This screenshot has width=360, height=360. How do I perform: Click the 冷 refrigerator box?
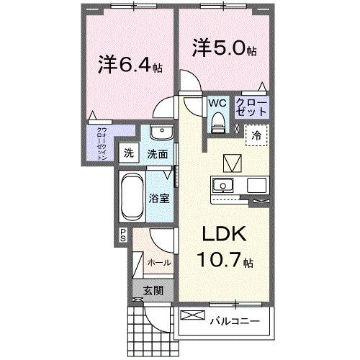point(256,134)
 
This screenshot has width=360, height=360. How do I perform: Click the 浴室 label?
point(159,197)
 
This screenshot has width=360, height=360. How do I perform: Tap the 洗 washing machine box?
point(128,153)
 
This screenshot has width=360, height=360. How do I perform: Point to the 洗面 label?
point(158,153)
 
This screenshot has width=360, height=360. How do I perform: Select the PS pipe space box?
point(123,233)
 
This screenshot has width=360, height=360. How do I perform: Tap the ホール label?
point(159,263)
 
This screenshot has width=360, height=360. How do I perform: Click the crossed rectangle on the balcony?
point(193,315)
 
